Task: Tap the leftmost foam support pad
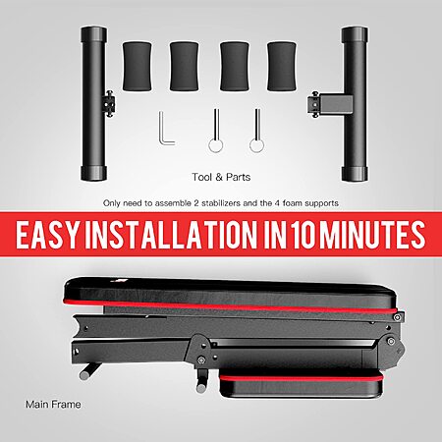[x=137, y=66]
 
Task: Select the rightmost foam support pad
[x=282, y=66]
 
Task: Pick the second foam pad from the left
[x=185, y=66]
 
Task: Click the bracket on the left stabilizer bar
[x=109, y=103]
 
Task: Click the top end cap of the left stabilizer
[x=94, y=34]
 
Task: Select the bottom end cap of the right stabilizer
[x=355, y=174]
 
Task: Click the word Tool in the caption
[x=202, y=177]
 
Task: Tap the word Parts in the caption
[x=238, y=177]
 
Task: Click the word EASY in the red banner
[x=48, y=235]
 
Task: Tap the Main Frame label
[x=53, y=405]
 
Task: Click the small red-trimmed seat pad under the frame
[x=302, y=385]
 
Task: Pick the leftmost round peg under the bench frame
[x=88, y=370]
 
